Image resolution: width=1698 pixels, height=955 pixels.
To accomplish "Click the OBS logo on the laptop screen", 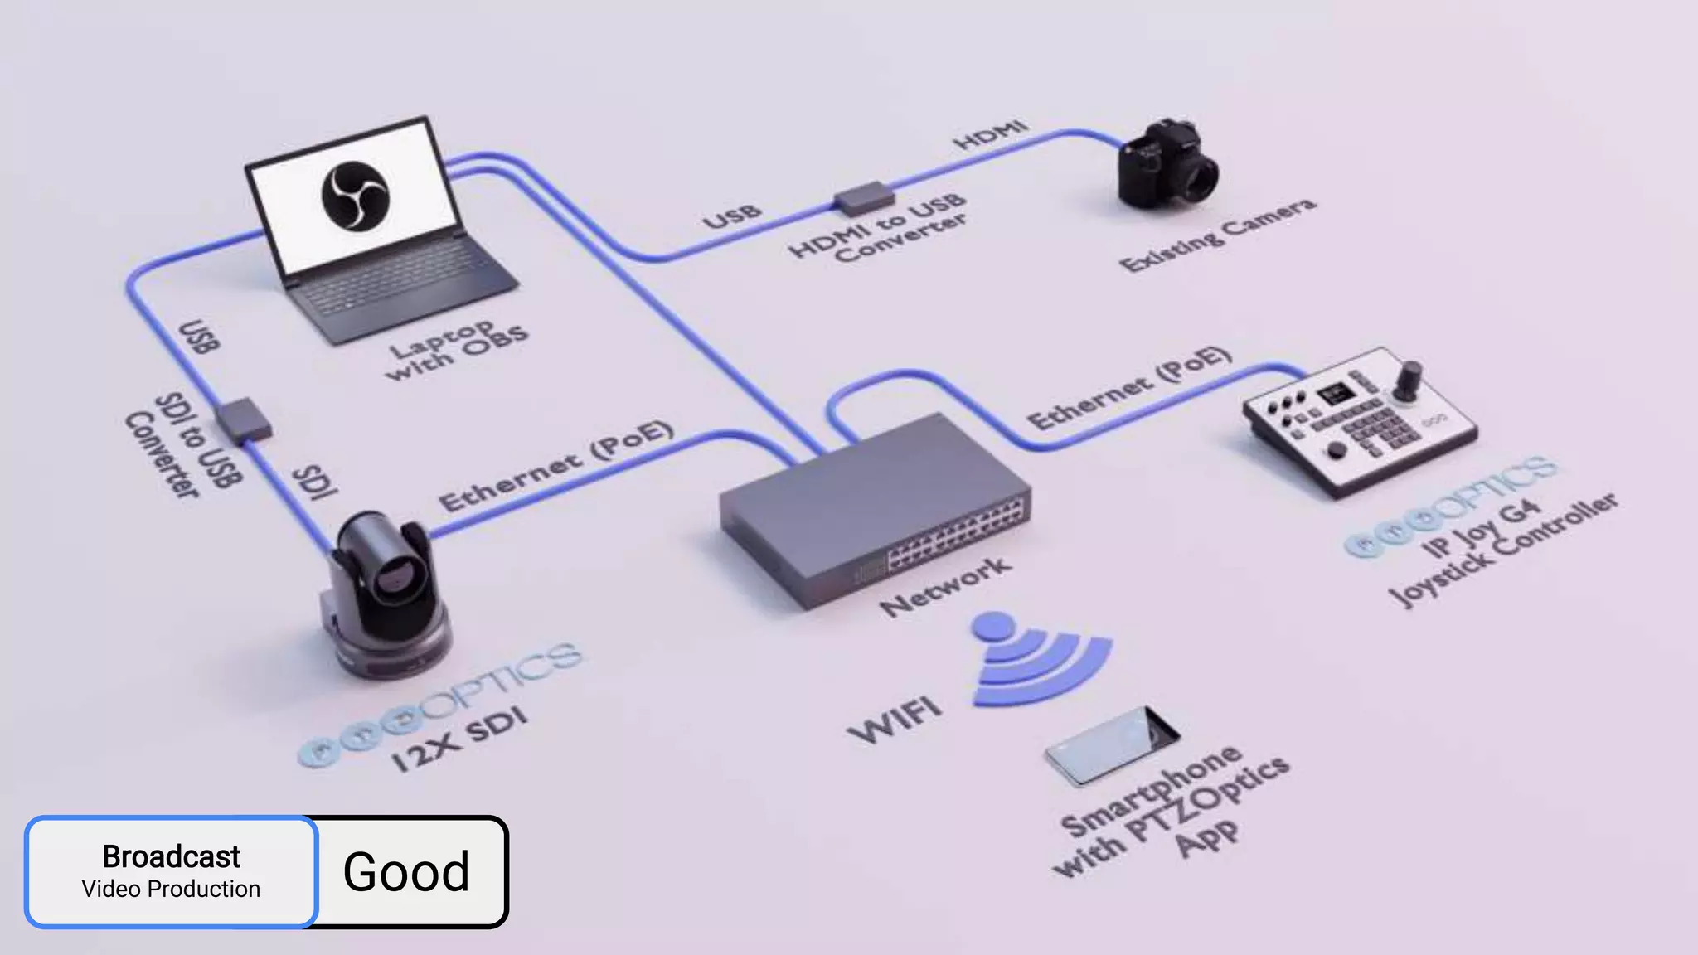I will [355, 196].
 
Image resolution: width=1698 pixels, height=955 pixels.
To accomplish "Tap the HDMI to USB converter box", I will [864, 199].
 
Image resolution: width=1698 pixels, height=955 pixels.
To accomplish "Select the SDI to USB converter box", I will [244, 420].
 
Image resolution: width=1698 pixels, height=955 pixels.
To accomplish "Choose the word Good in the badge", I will [406, 872].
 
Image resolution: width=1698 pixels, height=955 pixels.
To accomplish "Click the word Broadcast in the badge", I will [172, 856].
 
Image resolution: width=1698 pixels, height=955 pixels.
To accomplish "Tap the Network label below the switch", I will [945, 586].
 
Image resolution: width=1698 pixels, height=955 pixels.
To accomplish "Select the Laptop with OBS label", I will [456, 350].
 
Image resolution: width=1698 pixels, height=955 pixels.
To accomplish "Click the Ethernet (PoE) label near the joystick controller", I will [1129, 387].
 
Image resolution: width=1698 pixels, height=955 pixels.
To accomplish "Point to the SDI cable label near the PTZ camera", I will [316, 482].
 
